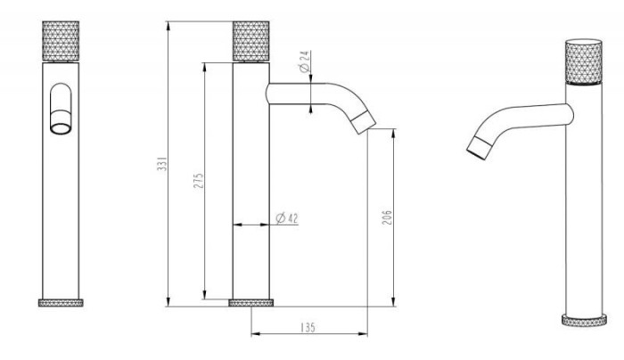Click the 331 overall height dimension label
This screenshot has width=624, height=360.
[161, 163]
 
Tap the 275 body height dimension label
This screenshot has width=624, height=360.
[198, 180]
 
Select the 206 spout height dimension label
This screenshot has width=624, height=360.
[387, 217]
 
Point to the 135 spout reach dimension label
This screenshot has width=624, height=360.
[308, 327]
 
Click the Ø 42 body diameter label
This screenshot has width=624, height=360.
[287, 218]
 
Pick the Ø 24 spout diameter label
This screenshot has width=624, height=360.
[305, 61]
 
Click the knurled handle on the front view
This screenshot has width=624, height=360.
[61, 41]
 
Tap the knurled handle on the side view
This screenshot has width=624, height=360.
[251, 41]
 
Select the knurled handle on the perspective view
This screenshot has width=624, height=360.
[584, 62]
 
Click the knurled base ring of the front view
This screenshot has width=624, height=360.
[61, 303]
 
